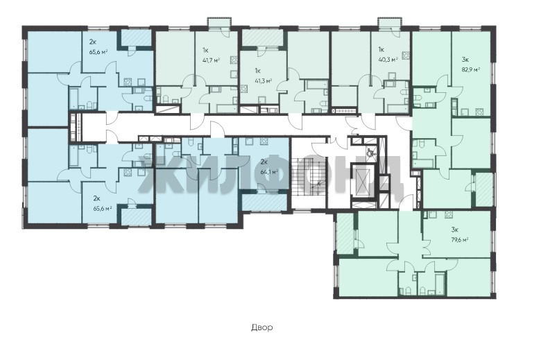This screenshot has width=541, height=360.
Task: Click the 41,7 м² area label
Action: (x=211, y=60)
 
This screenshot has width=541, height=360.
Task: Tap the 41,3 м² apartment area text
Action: (x=264, y=80)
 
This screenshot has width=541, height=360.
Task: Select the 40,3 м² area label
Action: (x=388, y=59)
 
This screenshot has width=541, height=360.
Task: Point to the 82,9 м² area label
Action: (x=471, y=69)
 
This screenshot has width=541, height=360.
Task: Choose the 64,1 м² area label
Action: (x=270, y=171)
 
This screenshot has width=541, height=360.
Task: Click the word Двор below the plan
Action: (x=262, y=327)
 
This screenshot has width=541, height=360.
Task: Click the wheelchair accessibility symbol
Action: (x=370, y=151)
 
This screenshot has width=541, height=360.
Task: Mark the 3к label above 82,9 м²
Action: (x=465, y=59)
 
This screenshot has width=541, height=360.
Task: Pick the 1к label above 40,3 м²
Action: (x=382, y=49)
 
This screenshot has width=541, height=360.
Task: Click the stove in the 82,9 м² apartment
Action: (x=479, y=112)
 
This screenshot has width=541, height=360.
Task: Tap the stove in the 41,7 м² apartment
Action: (x=234, y=60)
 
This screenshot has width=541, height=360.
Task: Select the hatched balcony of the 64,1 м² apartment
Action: (x=264, y=203)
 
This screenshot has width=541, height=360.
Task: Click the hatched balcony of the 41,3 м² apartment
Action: (x=262, y=37)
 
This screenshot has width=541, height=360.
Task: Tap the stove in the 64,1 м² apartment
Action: (x=264, y=141)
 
